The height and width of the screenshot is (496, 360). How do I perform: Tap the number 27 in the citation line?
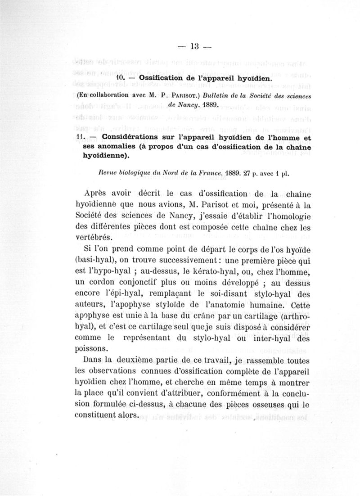pos(247,172)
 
